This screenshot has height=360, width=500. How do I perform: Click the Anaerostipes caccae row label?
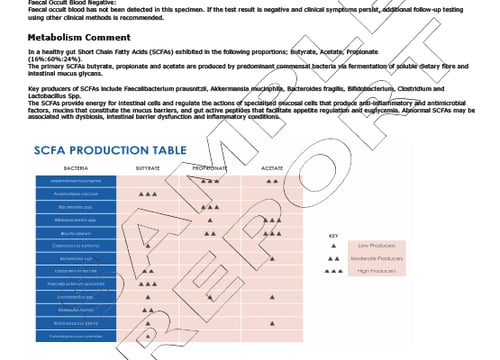[x=76, y=192]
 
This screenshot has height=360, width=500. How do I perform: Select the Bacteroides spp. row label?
[x=76, y=205]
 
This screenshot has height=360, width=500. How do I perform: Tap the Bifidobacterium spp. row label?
[x=76, y=218]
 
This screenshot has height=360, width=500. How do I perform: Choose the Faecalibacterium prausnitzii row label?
[x=76, y=283]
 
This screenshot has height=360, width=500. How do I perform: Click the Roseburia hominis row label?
[x=76, y=309]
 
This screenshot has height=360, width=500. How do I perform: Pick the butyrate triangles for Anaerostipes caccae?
[x=147, y=192]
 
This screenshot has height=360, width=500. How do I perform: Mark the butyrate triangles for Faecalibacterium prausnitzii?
[x=147, y=283]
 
